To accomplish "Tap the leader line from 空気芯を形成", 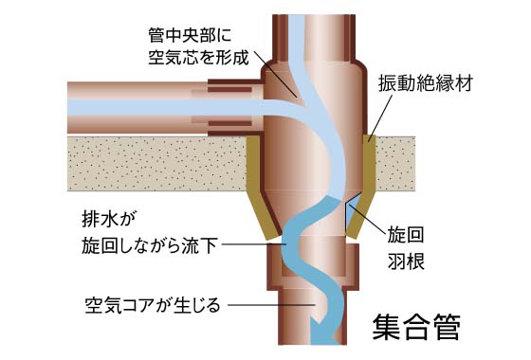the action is coord(277,78).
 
